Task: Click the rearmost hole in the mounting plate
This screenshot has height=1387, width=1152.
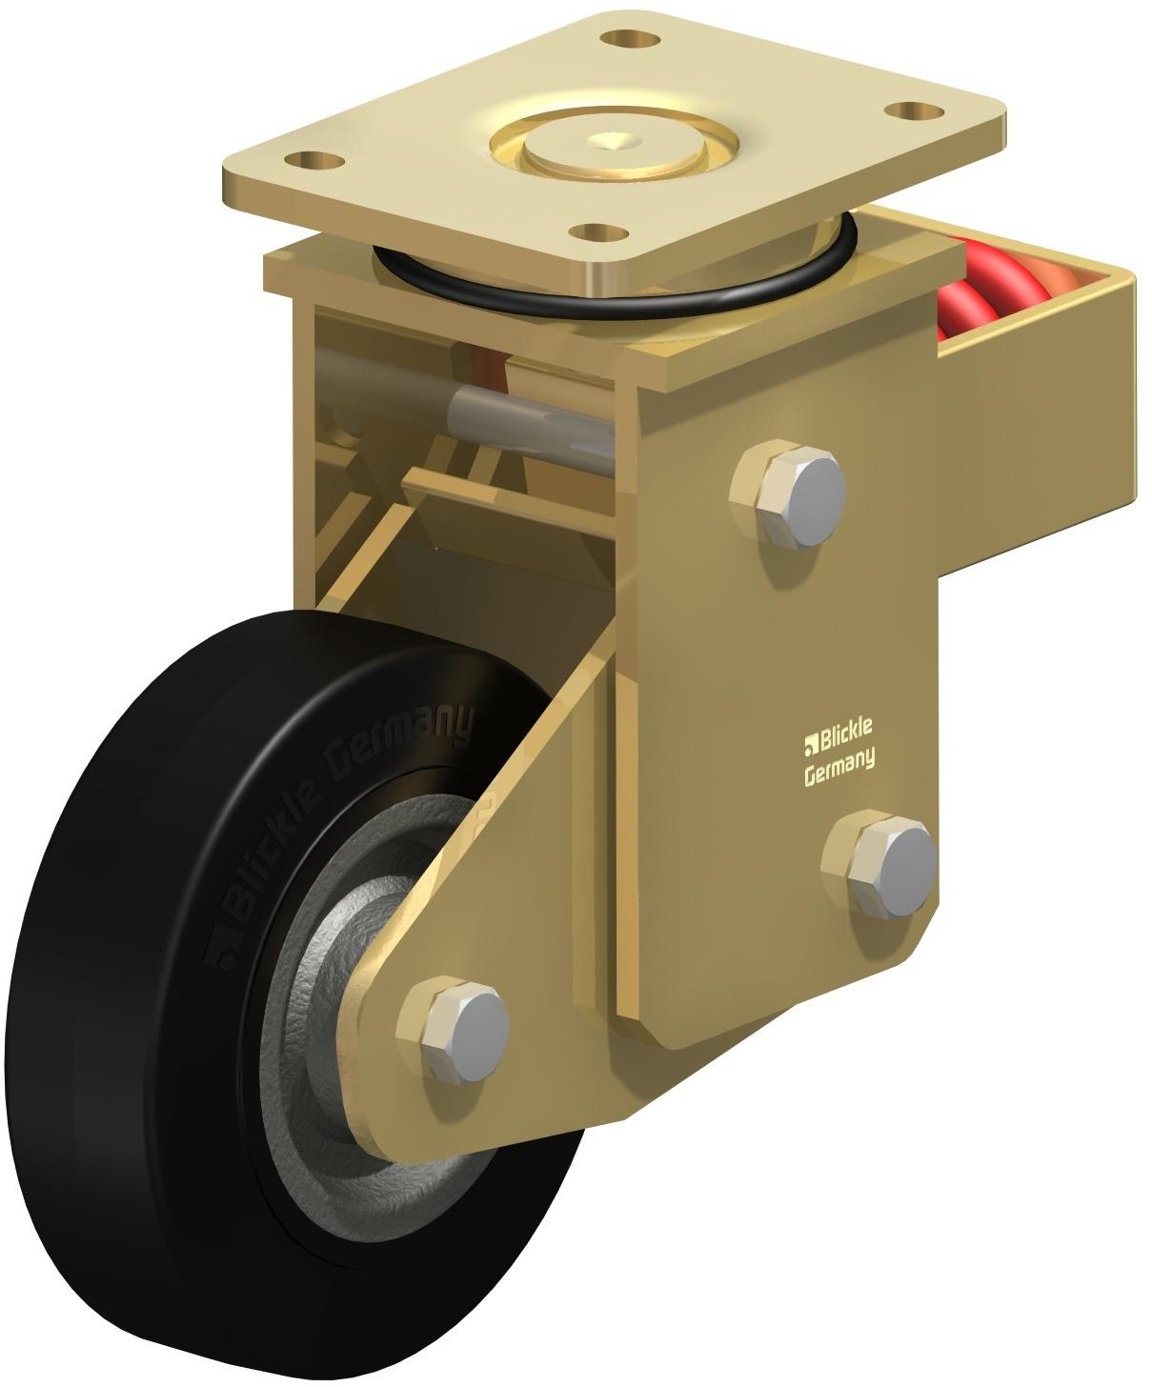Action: pyautogui.click(x=622, y=40)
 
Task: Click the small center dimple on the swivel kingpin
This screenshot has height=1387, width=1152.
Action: pyautogui.click(x=609, y=141)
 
